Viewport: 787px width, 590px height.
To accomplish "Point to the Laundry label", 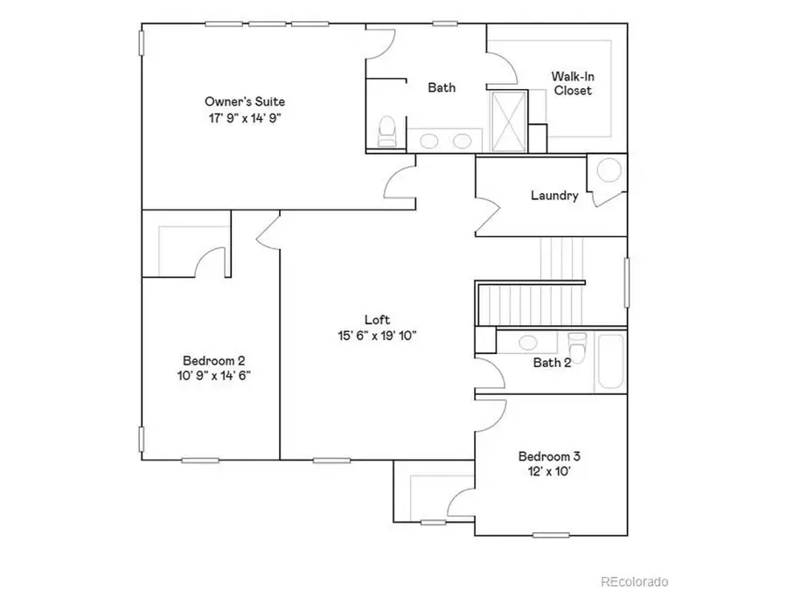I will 554,195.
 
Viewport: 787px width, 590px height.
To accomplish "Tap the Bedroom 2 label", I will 213,360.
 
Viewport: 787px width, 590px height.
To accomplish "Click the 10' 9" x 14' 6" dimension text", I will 213,376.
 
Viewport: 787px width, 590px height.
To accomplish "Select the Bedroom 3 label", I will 549,456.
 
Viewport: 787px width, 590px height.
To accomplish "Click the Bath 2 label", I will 552,363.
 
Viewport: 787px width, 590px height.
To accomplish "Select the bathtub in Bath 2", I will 610,362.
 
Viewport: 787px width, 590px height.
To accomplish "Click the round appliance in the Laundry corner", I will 609,170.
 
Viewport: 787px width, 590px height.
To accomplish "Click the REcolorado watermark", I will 634,580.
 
